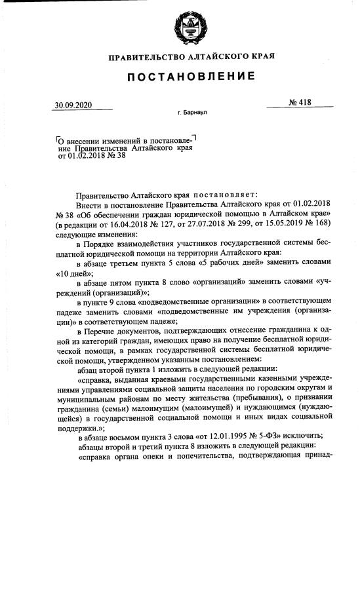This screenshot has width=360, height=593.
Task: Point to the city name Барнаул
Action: point(194,113)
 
